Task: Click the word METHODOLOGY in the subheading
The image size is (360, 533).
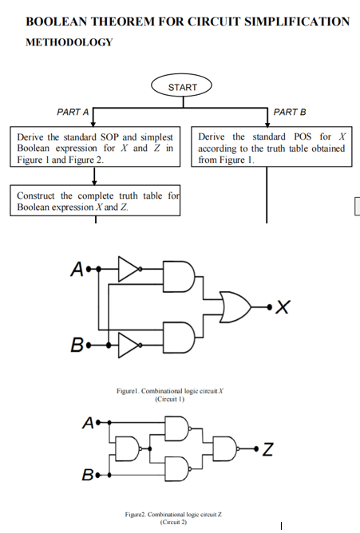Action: [x=69, y=42]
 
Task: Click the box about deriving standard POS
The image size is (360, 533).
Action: [x=271, y=148]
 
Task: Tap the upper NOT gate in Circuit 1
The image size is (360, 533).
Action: [x=129, y=269]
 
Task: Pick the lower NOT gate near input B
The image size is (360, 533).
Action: [x=129, y=345]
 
